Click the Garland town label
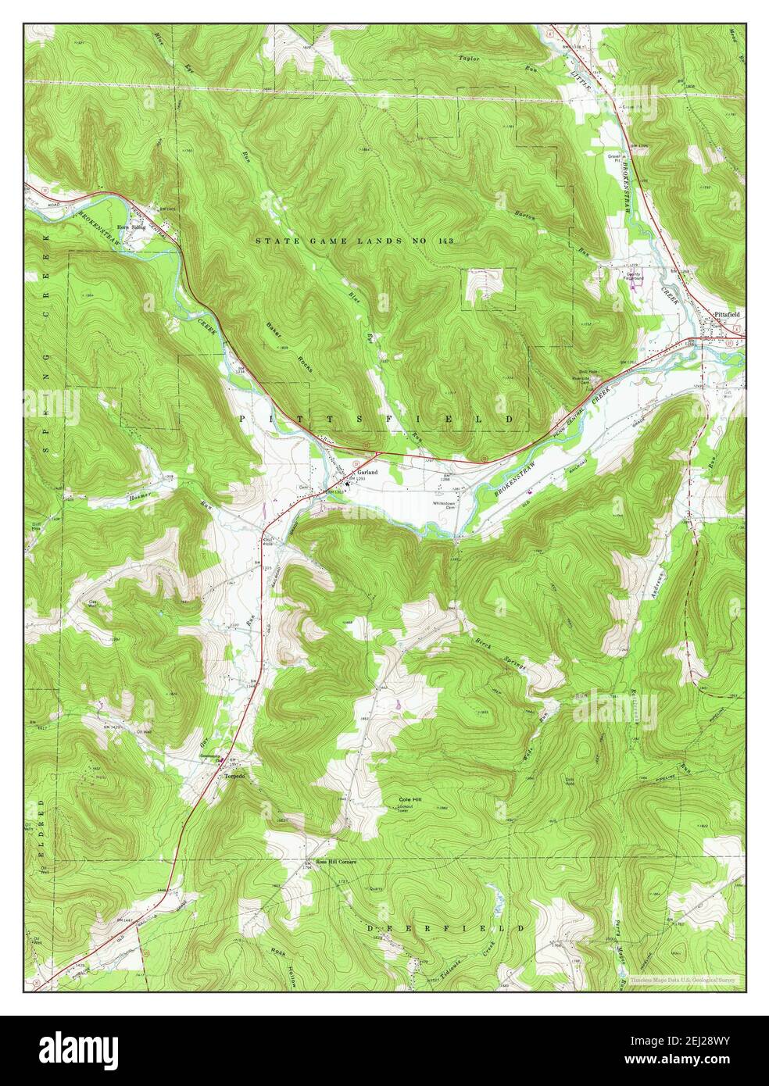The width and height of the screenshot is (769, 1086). pyautogui.click(x=368, y=473)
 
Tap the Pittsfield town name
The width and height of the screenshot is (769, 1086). pyautogui.click(x=728, y=314)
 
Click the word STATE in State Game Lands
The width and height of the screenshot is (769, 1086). pyautogui.click(x=273, y=241)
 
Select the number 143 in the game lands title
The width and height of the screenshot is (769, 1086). pyautogui.click(x=443, y=241)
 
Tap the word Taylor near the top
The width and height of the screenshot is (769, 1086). pyautogui.click(x=469, y=59)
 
